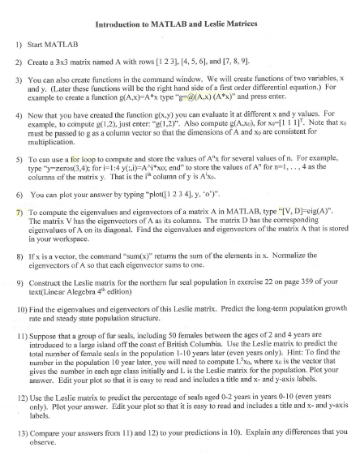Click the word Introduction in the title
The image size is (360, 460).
pyautogui.click(x=123, y=24)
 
